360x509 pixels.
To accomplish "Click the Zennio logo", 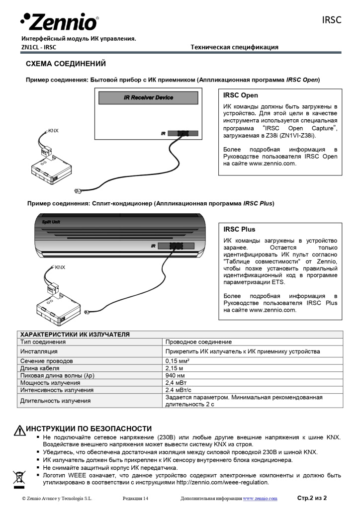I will pos(59,21).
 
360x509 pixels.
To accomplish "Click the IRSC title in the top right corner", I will pos(331,20).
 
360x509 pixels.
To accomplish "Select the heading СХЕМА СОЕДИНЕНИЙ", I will pos(66,64).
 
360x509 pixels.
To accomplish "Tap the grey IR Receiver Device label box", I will pos(148,97).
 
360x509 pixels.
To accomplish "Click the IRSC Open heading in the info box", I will pos(241,95).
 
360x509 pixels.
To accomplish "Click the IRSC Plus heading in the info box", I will pos(239,229).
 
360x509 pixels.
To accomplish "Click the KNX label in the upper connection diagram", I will pos(53,131).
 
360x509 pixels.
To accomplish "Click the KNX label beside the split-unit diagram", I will pos(60,267).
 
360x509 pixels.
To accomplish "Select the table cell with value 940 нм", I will pos(175,375).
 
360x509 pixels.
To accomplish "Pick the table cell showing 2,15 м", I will pos(174,368).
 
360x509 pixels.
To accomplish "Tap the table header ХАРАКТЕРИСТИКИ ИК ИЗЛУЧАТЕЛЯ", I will pos(75,335).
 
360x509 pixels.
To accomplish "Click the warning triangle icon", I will pos(19,430).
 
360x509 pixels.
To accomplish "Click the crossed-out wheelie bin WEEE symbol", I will pos(19,478).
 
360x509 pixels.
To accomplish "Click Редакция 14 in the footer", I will pos(135,498).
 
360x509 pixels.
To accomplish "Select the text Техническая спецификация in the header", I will pos(235,47).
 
